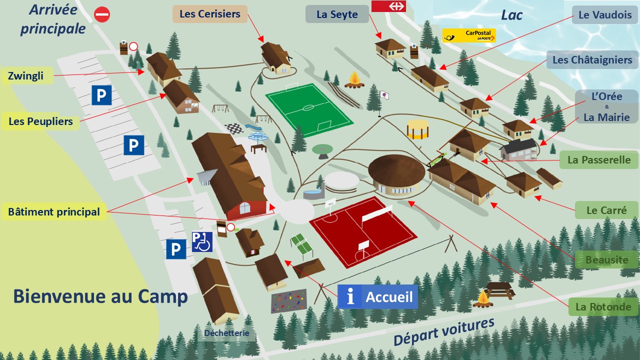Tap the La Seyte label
(x=337, y=14)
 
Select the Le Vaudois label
(x=605, y=15)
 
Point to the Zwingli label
(x=26, y=76)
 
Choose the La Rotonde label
(x=603, y=306)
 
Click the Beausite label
(x=606, y=259)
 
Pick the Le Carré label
(x=606, y=210)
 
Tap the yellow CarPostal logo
(x=469, y=35)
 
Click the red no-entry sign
(x=102, y=14)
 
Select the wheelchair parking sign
(x=202, y=242)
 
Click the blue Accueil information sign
(x=377, y=297)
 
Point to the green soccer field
(x=308, y=109)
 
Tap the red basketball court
(x=362, y=230)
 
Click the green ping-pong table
(x=301, y=243)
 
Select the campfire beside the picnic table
(x=483, y=298)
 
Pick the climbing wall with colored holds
(x=288, y=301)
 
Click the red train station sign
(x=388, y=6)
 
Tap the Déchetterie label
(x=226, y=333)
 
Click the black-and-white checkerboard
(x=233, y=128)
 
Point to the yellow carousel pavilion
(x=418, y=129)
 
